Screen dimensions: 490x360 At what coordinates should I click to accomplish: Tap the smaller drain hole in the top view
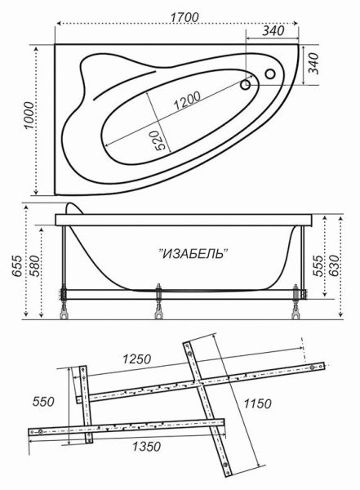coord(246,83)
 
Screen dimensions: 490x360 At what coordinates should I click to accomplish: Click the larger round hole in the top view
coord(270,75)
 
